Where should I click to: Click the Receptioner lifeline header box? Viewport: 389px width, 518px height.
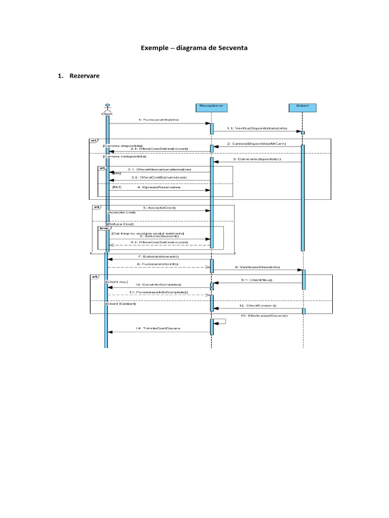click(x=211, y=107)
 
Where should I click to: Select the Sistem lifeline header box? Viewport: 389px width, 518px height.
click(x=302, y=107)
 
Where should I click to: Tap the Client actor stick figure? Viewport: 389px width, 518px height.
click(x=107, y=108)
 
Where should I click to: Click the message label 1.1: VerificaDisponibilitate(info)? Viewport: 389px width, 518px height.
click(x=261, y=128)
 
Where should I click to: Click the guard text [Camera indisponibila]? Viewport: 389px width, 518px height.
click(x=124, y=157)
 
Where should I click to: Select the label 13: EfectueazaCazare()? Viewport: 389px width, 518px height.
click(x=265, y=316)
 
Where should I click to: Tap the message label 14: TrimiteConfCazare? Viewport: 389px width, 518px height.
click(x=158, y=328)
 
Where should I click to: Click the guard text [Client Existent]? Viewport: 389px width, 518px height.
click(x=121, y=304)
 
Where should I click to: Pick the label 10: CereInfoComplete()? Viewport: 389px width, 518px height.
click(x=158, y=284)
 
